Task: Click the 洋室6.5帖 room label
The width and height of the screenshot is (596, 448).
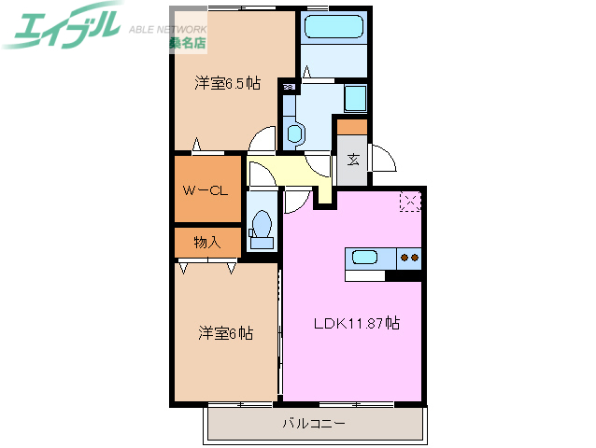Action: [x=227, y=83]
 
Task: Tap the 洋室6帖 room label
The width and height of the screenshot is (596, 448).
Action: [x=225, y=332]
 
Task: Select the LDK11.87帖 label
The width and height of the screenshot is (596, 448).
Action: [x=356, y=324]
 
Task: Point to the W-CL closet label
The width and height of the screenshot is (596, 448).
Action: [x=206, y=190]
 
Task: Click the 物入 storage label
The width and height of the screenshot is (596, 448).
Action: [x=206, y=243]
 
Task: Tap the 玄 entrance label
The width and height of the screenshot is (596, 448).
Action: [x=354, y=160]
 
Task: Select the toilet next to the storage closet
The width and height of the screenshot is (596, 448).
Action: [x=263, y=227]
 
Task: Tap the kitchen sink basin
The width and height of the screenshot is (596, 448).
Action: [x=362, y=258]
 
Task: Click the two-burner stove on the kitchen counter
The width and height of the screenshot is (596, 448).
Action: [x=409, y=258]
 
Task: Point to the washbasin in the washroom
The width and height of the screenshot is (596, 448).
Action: [x=295, y=133]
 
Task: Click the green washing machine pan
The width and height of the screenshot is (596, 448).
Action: [x=355, y=97]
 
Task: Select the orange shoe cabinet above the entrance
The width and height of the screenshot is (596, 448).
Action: [x=352, y=126]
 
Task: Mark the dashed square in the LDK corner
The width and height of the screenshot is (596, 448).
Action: [x=410, y=202]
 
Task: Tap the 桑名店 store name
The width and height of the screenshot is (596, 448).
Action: [x=188, y=43]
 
